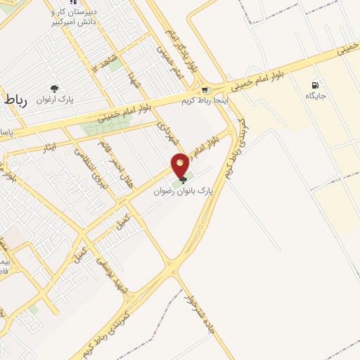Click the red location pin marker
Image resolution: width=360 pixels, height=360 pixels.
click(180, 166)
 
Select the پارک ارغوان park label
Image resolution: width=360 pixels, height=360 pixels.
click(56, 101)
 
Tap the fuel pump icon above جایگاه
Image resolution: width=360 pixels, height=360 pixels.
click(313, 85)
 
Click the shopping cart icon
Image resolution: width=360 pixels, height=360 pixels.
click(205, 89)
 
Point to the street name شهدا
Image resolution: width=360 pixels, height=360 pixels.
click(133, 84)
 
